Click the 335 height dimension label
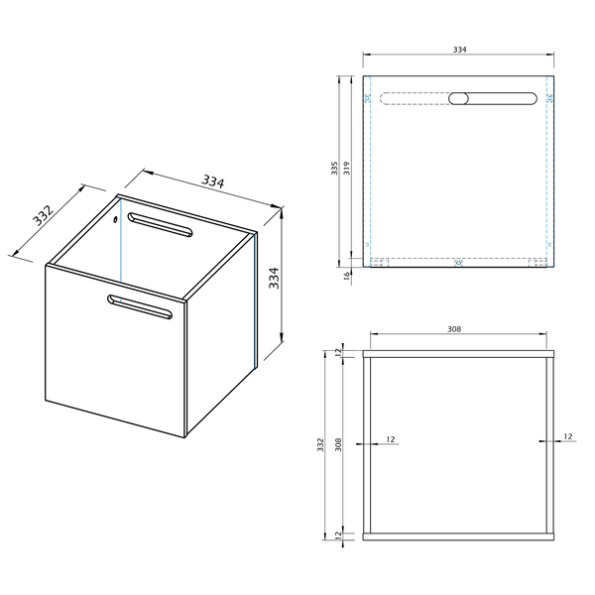tap(334, 169)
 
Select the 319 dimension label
tap(346, 169)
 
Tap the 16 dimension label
tap(347, 276)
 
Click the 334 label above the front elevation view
tap(459, 50)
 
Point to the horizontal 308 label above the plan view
tap(454, 329)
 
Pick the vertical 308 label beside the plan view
tap(338, 444)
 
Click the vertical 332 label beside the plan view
tap(320, 444)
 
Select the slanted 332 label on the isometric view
tap(44, 215)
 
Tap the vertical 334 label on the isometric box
tap(274, 278)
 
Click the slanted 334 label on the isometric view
tap(213, 181)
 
